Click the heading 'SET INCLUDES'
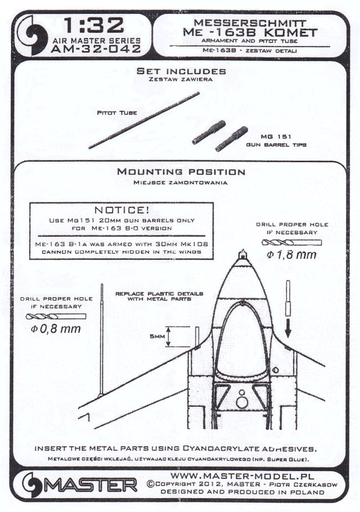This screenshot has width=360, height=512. (x=181, y=71)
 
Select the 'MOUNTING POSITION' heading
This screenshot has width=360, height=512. (x=181, y=172)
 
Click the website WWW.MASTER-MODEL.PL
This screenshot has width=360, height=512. (x=241, y=475)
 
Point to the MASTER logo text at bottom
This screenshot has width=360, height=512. (x=91, y=486)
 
